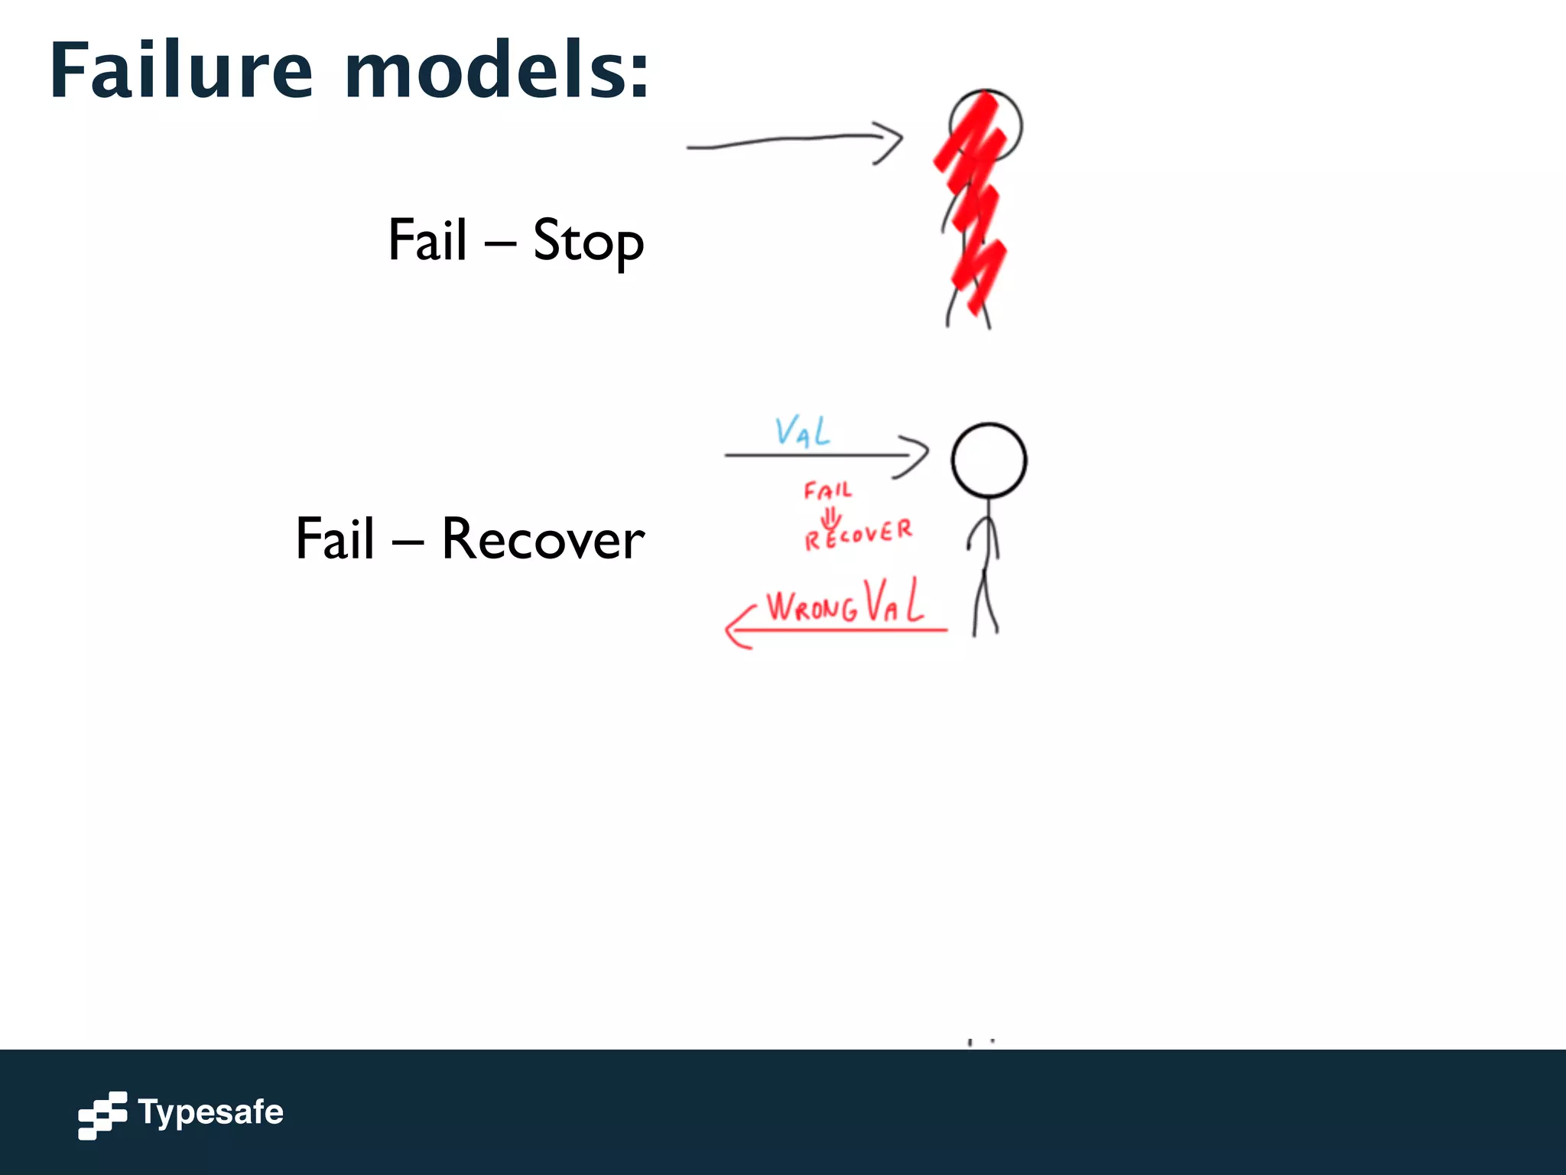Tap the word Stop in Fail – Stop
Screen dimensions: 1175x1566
pos(588,241)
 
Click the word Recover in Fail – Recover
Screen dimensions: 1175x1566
pos(543,539)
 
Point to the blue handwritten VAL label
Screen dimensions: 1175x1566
pos(801,432)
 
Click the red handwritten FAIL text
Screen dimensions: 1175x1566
pos(827,490)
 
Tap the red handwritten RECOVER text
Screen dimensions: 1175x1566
pos(858,534)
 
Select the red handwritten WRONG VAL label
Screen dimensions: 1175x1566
pos(845,604)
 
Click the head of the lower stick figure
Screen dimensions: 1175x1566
pos(989,461)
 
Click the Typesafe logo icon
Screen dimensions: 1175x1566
pos(102,1115)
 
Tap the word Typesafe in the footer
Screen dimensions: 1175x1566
pos(211,1112)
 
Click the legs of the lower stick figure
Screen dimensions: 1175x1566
pos(986,604)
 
